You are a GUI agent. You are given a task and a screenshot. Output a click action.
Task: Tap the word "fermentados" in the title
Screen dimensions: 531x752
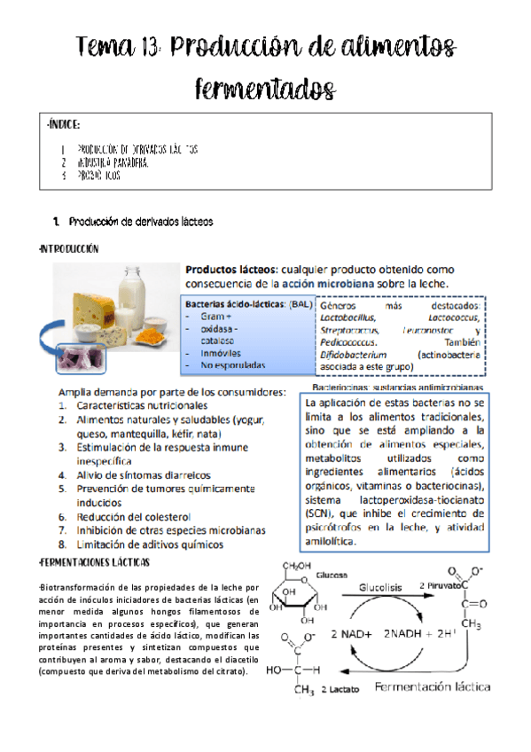tap(265, 88)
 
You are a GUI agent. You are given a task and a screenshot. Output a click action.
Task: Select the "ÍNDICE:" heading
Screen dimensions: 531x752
tap(67, 126)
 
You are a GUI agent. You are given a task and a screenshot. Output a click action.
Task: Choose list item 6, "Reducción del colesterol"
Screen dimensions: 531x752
tap(134, 516)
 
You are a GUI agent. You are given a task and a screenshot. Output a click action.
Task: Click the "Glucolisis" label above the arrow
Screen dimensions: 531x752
tap(380, 586)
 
